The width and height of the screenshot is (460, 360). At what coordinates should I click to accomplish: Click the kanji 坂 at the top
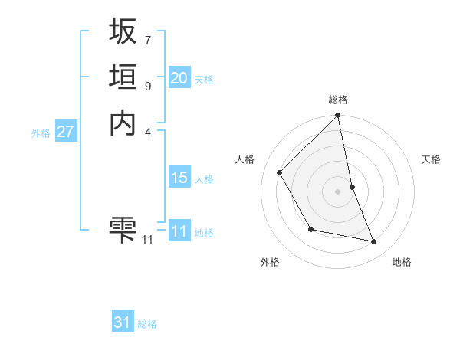pyautogui.click(x=123, y=31)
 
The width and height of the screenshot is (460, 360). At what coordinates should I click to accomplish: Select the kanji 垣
pyautogui.click(x=123, y=77)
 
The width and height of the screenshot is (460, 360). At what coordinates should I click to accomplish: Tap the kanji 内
pyautogui.click(x=123, y=123)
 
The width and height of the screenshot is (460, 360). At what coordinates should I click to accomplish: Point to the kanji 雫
pyautogui.click(x=123, y=229)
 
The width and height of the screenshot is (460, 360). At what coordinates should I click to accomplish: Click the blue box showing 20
pyautogui.click(x=179, y=78)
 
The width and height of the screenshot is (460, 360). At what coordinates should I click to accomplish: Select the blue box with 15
pyautogui.click(x=179, y=178)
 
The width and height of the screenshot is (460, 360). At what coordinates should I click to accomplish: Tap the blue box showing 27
pyautogui.click(x=66, y=132)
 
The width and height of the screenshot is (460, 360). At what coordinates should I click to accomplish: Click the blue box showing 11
pyautogui.click(x=179, y=231)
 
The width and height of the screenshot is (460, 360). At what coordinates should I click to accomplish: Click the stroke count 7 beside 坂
pyautogui.click(x=147, y=40)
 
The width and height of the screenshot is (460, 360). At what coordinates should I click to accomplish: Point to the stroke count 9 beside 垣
pyautogui.click(x=147, y=86)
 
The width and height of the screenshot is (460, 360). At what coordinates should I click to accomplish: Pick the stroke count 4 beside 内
pyautogui.click(x=147, y=132)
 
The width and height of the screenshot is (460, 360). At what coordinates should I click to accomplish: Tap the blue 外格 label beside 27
pyautogui.click(x=41, y=133)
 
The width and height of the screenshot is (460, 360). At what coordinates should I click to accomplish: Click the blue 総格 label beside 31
pyautogui.click(x=147, y=325)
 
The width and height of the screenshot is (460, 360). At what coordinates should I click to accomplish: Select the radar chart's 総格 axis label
pyautogui.click(x=338, y=100)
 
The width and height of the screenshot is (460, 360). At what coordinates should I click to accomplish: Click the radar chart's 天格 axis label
pyautogui.click(x=432, y=159)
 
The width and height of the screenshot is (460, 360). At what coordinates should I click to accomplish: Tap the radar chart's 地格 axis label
pyautogui.click(x=402, y=263)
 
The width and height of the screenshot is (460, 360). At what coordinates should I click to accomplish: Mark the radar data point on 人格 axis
pyautogui.click(x=280, y=172)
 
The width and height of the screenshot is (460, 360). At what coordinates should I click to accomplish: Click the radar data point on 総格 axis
pyautogui.click(x=338, y=116)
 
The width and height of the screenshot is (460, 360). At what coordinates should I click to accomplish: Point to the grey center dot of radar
pyautogui.click(x=338, y=191)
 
